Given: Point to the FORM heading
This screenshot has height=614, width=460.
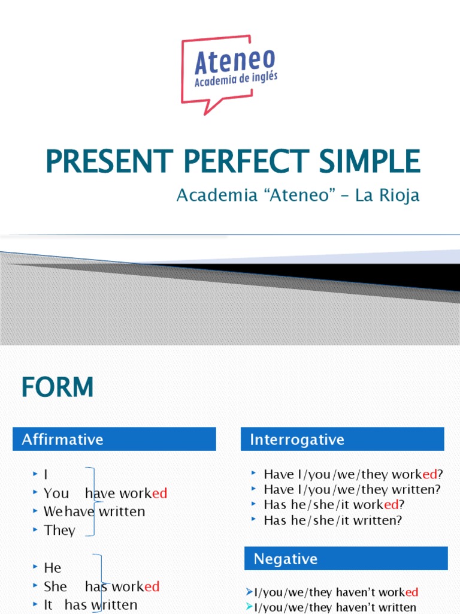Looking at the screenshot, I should (57, 387).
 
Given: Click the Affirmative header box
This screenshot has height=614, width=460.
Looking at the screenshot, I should (114, 439).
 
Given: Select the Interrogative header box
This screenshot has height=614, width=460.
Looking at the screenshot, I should (342, 440).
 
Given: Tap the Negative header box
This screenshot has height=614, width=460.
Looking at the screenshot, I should (346, 559).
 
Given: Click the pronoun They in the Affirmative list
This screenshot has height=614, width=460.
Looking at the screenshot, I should (59, 530).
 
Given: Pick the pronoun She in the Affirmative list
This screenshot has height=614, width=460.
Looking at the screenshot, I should (55, 586).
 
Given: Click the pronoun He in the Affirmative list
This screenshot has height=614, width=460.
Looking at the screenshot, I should (53, 567).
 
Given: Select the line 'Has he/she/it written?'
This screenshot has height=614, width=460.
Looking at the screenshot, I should (333, 520).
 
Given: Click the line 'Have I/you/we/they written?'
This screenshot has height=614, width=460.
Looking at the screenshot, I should (352, 489).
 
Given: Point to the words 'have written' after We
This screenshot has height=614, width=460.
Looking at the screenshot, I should (105, 511).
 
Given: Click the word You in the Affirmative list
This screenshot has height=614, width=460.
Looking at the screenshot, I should (56, 493).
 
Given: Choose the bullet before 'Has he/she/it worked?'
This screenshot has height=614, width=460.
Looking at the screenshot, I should (255, 504).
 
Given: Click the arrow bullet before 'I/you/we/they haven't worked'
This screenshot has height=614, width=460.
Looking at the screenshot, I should (250, 592).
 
